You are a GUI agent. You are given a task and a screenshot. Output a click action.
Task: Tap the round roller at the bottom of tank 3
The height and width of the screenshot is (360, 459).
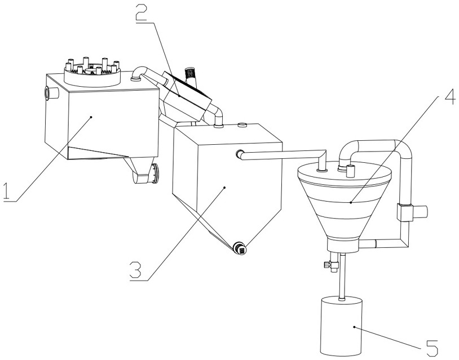click(239, 248)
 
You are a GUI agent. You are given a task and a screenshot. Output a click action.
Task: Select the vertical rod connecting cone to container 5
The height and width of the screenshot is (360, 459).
click(340, 279)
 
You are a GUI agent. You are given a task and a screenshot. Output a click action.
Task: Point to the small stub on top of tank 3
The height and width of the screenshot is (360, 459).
click(242, 126)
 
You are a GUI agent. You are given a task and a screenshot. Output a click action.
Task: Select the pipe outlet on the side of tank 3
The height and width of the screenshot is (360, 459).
click(239, 153)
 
